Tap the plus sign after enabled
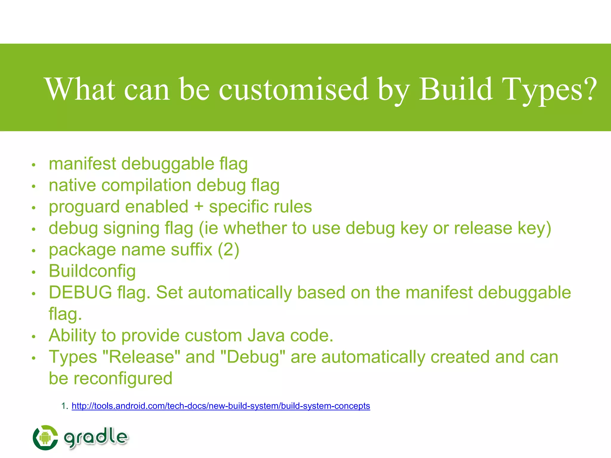[x=199, y=207]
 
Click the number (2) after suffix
[x=229, y=250]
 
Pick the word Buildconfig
[x=92, y=271]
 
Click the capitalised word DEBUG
[x=81, y=293]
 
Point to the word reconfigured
[x=123, y=378]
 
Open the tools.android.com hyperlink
[x=221, y=406]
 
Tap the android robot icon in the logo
[x=45, y=438]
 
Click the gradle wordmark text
[x=96, y=438]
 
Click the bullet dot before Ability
[x=34, y=337]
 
